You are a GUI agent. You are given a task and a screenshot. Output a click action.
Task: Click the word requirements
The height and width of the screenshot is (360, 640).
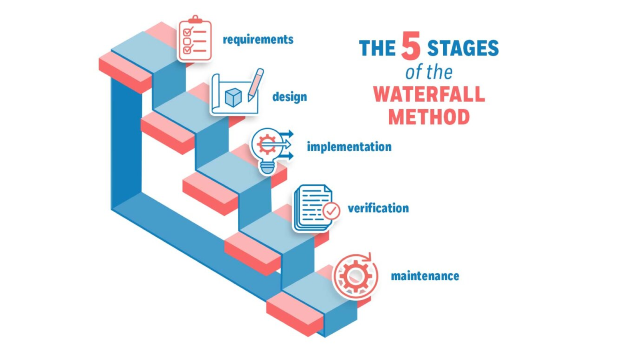coord(258,40)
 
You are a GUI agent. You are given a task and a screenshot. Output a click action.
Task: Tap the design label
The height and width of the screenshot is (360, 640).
coord(290,97)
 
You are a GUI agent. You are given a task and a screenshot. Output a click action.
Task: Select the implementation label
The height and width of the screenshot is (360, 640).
coord(349,147)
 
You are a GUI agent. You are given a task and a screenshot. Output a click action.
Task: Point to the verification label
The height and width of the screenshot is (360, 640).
coord(378,208)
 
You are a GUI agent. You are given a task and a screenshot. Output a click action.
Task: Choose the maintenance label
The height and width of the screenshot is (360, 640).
coord(425,276)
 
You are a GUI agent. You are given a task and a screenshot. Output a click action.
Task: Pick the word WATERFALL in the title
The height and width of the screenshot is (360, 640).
coord(429,95)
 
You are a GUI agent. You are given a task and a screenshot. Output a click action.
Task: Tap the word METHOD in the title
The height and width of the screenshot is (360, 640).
coord(429,117)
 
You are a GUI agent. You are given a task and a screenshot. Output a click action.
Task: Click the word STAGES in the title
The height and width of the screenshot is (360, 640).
coord(463,48)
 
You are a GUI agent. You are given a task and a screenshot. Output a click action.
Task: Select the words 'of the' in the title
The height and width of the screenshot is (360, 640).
coord(429,72)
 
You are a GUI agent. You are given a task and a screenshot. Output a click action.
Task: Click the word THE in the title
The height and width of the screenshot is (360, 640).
coord(377,48)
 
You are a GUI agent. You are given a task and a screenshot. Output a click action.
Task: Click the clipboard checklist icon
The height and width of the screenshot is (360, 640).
coord(195,40)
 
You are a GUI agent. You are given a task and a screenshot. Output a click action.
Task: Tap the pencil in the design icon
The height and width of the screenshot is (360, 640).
coord(255,84)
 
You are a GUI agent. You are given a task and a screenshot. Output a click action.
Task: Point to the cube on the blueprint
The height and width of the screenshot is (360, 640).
coord(233,97)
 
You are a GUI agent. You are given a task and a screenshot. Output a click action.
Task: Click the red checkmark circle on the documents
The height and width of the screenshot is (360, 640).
coord(331,211)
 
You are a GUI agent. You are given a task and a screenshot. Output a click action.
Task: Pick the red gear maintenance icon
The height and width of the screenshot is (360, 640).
coord(355,276)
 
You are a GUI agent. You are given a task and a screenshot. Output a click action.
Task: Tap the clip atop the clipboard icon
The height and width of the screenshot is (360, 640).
coord(195,19)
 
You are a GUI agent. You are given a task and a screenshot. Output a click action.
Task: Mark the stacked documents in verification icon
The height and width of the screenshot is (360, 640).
coord(312,208)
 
